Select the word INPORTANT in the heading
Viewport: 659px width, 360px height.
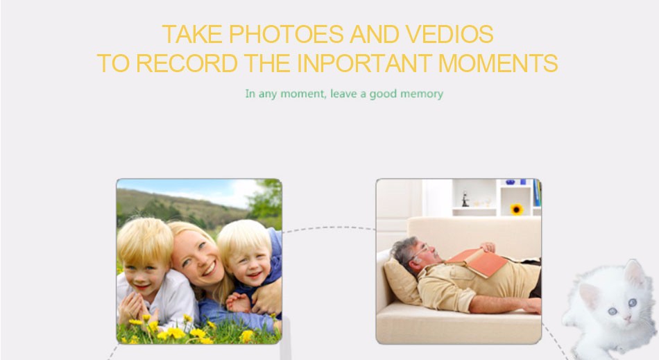[364, 63]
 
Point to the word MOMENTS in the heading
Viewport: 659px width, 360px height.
[498, 63]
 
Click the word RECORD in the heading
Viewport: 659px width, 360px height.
[187, 63]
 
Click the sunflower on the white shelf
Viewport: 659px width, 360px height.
[517, 209]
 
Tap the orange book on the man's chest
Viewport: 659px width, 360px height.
[477, 262]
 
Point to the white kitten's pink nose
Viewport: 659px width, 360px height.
[627, 318]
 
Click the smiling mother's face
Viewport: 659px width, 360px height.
[198, 259]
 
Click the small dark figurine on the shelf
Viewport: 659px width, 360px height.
[465, 199]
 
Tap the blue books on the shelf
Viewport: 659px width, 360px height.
[537, 192]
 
